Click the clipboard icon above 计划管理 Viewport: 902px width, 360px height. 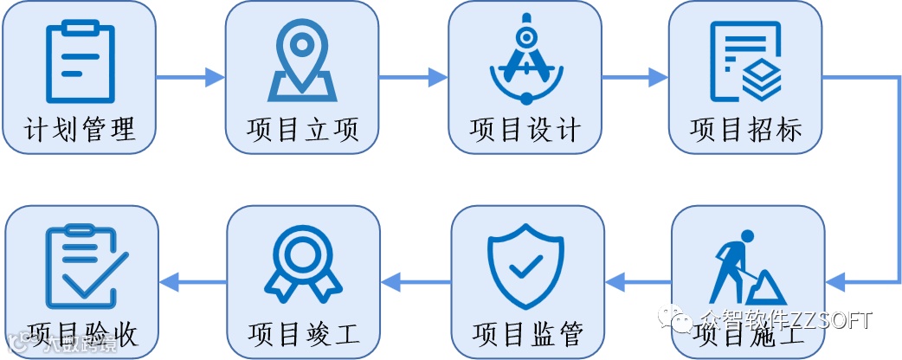click(x=81, y=61)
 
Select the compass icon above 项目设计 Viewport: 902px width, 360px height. click(x=525, y=59)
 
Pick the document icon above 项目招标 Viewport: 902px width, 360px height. click(x=745, y=59)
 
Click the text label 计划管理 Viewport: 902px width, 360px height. click(x=81, y=130)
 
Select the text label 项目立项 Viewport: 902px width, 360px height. click(x=302, y=130)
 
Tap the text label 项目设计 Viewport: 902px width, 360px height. click(x=525, y=130)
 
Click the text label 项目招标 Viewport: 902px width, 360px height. click(x=745, y=130)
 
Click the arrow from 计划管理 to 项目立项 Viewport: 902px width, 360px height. click(x=191, y=78)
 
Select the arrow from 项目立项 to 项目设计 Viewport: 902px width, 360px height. click(x=414, y=78)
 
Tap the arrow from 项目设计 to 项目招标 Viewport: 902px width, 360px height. click(x=635, y=78)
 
